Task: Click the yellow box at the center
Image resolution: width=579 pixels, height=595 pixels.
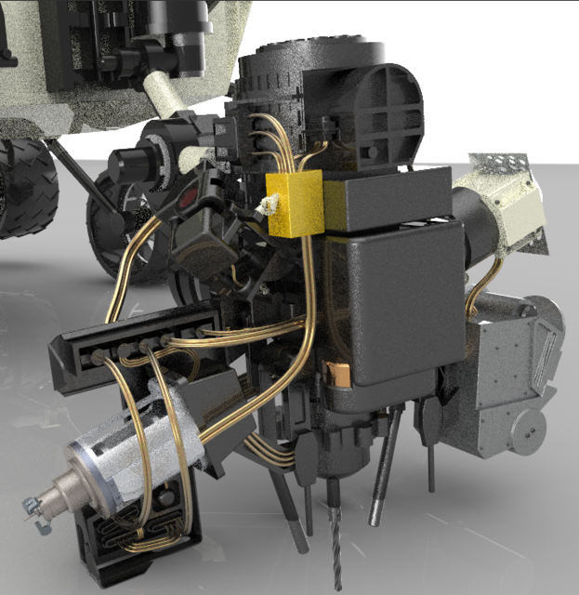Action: tap(296, 203)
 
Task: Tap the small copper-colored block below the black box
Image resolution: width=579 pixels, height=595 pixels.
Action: tap(340, 375)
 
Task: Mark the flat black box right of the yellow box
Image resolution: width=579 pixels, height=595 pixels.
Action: tap(386, 200)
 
